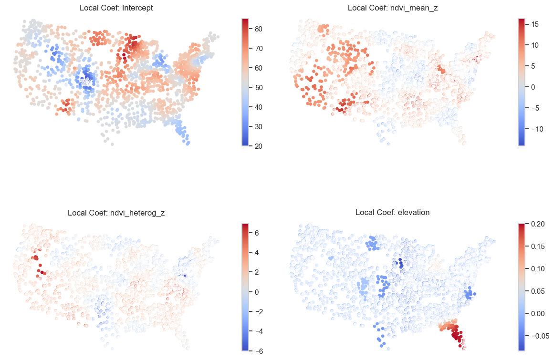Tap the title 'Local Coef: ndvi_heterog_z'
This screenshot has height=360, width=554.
point(116,213)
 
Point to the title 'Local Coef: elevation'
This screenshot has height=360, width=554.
point(392,213)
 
